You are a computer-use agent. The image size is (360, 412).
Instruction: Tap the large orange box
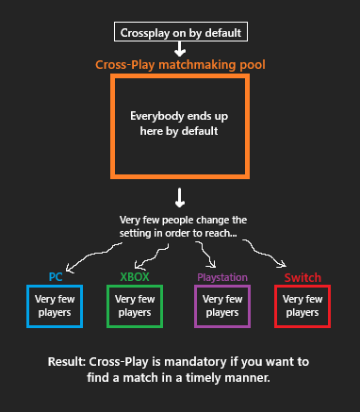180,125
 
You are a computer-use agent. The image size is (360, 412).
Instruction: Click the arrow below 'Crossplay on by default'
181,49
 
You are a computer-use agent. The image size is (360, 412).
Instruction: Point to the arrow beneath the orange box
180,197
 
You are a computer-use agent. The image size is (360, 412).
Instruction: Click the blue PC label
56,277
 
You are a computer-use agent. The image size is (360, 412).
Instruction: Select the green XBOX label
135,277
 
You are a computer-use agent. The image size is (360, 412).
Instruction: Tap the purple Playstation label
221,277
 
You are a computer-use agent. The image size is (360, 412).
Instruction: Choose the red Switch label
303,278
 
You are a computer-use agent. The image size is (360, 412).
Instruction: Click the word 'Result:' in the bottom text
68,362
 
